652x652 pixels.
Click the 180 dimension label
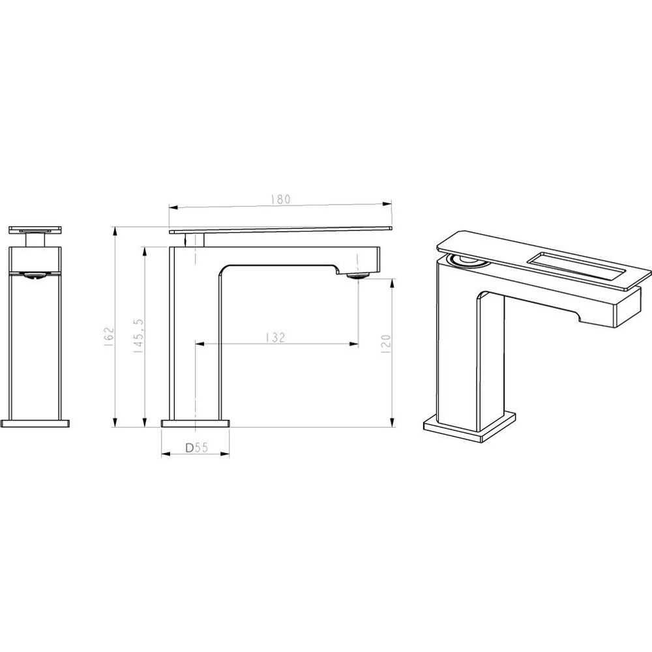[x=280, y=199]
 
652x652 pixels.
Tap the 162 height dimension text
[x=109, y=336]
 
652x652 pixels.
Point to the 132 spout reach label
[x=276, y=337]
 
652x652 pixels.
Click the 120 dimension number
[x=386, y=344]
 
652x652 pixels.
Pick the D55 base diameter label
[x=196, y=448]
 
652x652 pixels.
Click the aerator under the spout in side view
[x=357, y=275]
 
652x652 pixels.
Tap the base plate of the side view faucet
[x=195, y=424]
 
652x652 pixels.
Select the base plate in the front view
[x=35, y=424]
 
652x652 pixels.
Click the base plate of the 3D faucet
[x=470, y=427]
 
